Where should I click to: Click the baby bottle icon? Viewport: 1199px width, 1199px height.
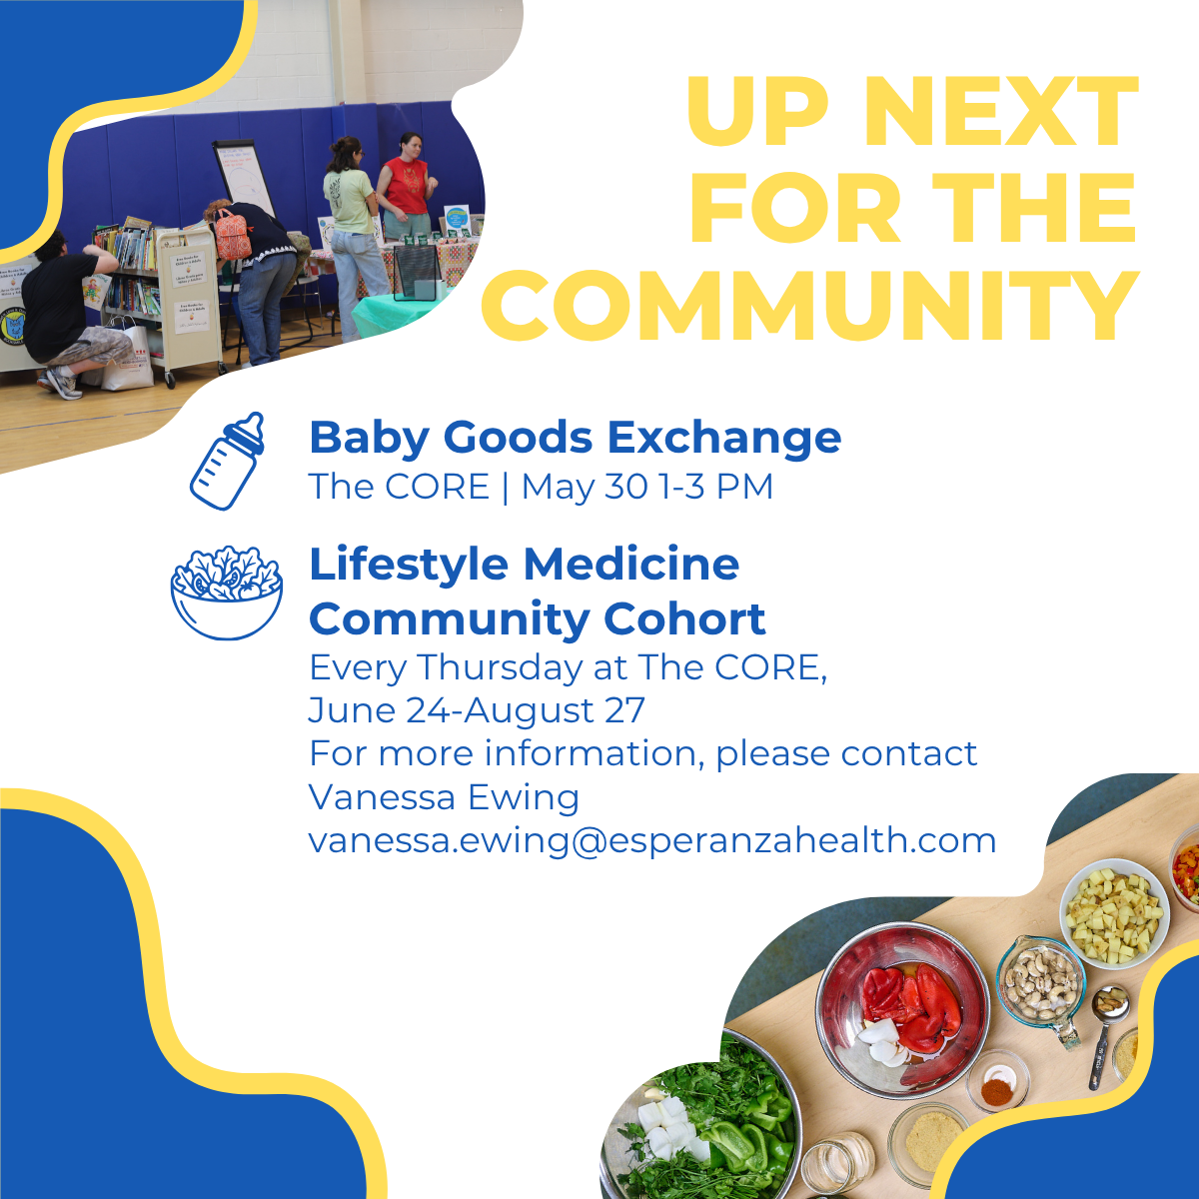point(227,461)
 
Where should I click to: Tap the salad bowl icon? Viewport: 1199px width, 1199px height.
point(227,593)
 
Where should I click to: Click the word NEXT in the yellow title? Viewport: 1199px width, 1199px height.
point(1001,113)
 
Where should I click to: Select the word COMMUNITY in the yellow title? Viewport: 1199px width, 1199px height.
point(810,306)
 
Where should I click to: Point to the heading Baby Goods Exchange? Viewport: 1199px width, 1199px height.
point(575,439)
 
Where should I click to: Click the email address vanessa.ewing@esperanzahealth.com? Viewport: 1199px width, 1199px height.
point(652,841)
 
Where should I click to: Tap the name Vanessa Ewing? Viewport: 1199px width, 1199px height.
point(444,797)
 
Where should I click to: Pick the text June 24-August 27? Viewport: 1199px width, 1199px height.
point(477,710)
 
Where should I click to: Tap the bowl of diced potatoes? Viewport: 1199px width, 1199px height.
point(1115,914)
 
